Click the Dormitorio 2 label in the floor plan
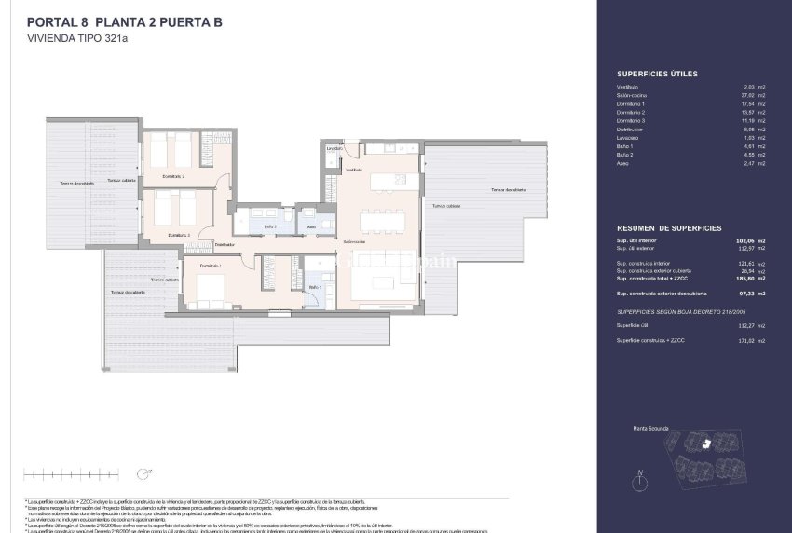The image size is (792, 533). [x=173, y=176]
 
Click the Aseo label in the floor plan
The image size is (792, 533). [x=311, y=226]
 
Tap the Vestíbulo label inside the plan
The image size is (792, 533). [x=354, y=171]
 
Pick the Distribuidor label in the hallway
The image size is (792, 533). [x=225, y=244]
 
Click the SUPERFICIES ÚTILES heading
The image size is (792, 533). [x=657, y=73]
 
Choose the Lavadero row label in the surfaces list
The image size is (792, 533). [x=630, y=138]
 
